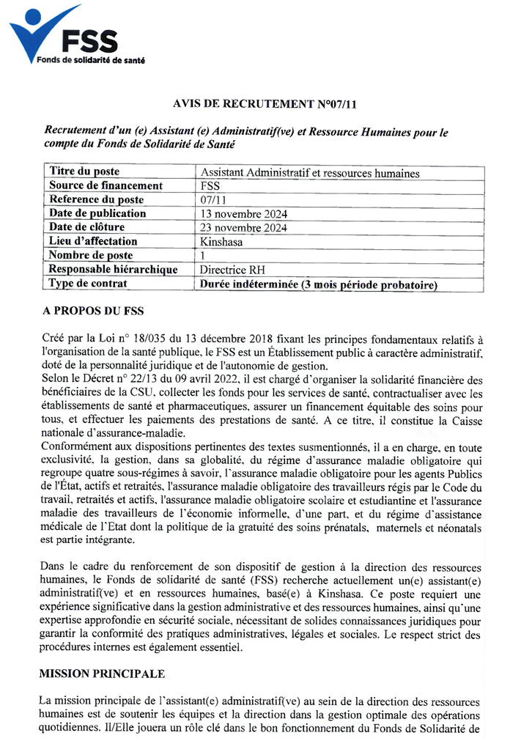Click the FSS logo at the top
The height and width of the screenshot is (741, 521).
pos(66,36)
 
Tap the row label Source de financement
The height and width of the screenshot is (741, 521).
pos(106,185)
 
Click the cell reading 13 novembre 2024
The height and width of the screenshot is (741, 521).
pos(243,214)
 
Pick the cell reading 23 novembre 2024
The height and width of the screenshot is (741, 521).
pos(243,228)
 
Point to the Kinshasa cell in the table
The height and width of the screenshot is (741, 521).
pos(223,241)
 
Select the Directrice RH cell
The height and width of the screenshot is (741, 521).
pos(232,270)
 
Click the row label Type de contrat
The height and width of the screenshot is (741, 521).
pos(88,283)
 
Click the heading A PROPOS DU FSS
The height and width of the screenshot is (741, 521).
pos(93,311)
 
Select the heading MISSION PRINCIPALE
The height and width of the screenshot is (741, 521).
pos(103,672)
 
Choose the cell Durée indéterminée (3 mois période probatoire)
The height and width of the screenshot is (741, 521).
pos(319,284)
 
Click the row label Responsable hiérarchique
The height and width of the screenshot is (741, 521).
pos(113,269)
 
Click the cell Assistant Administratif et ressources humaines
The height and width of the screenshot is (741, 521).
pos(310,173)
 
